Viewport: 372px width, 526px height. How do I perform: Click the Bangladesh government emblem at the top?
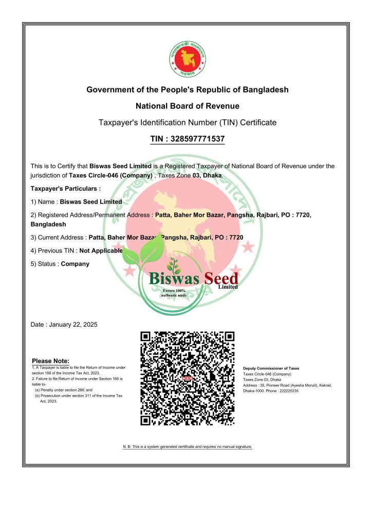click(187, 59)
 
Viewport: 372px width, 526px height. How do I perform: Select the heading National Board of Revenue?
click(187, 106)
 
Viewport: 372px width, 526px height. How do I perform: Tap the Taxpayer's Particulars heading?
click(65, 189)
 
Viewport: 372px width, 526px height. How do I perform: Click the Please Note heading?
click(50, 361)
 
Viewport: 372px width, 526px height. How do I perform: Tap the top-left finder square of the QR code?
click(146, 337)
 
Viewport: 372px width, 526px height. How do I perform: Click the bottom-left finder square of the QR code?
click(146, 420)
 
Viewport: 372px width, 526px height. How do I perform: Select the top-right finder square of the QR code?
click(229, 337)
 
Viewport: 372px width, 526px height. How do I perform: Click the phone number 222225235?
click(286, 391)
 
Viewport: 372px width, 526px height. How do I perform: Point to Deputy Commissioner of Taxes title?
click(271, 368)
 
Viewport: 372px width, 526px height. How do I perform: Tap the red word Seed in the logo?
click(219, 278)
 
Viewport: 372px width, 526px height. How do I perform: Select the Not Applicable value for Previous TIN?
click(101, 251)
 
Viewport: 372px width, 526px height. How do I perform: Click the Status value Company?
click(75, 264)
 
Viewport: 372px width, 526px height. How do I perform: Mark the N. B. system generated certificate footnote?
click(187, 447)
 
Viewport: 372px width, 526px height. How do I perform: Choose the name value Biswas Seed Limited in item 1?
click(91, 202)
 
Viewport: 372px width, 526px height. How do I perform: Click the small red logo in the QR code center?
click(187, 379)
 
